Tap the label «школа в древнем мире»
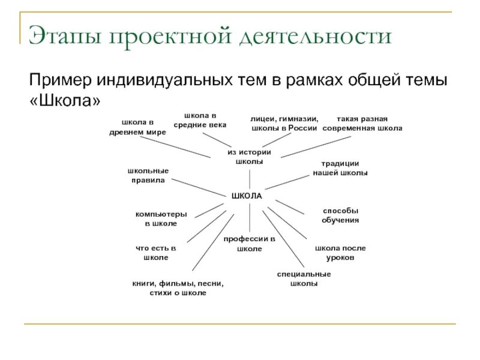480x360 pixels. click(137, 127)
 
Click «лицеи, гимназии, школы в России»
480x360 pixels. click(284, 124)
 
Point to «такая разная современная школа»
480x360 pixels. click(362, 124)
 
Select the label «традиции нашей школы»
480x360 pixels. click(340, 168)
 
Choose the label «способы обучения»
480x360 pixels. click(340, 215)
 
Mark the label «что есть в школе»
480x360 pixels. click(155, 253)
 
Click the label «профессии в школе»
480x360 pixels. click(249, 244)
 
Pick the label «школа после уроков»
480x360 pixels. click(340, 253)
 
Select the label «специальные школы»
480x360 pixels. click(304, 279)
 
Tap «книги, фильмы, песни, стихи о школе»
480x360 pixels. click(174, 288)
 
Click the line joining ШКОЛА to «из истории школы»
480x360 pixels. click(248, 179)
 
